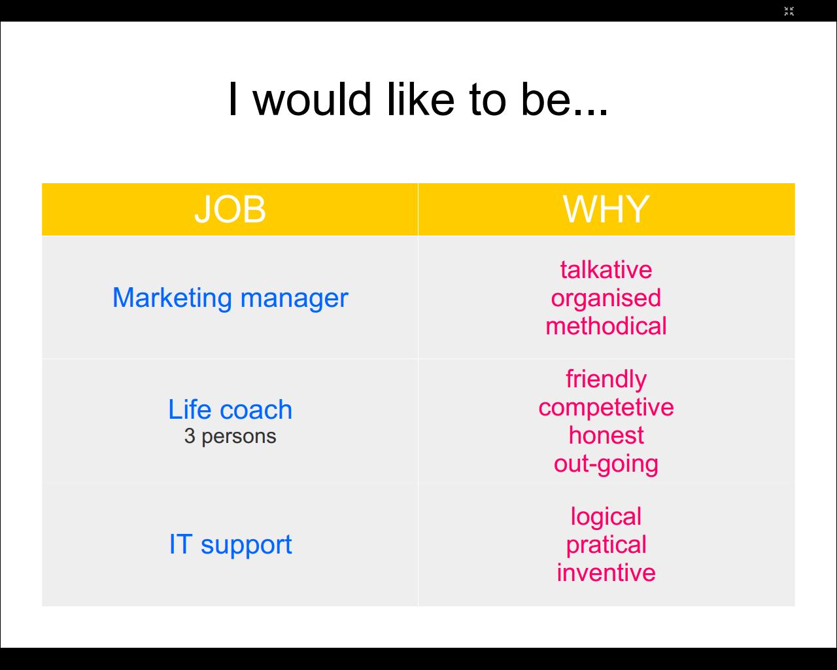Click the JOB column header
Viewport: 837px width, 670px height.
(230, 209)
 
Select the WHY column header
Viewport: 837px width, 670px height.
(606, 209)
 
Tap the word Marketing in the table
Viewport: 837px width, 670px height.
(172, 298)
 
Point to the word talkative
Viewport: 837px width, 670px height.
(606, 270)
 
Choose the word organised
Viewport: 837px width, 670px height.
(606, 299)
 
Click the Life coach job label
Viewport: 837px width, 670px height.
(230, 410)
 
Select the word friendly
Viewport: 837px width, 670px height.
(606, 379)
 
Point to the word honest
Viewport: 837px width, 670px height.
(606, 435)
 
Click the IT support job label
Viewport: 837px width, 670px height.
(230, 545)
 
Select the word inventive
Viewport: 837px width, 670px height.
(606, 573)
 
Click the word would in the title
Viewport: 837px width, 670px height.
(312, 99)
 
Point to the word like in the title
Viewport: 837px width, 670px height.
(420, 99)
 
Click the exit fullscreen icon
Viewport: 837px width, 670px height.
(789, 11)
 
